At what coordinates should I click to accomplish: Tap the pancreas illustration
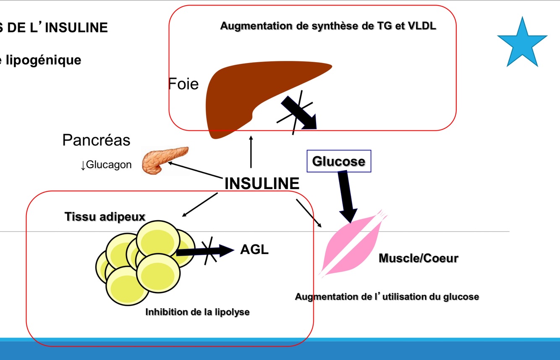(164, 160)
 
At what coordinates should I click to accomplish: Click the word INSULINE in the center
(262, 184)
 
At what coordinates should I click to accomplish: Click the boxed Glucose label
(339, 161)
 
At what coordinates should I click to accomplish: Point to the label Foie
(183, 84)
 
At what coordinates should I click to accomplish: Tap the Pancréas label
(96, 140)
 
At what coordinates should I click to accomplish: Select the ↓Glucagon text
(106, 165)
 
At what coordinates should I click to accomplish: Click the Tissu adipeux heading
(105, 217)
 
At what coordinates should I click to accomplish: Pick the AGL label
(254, 250)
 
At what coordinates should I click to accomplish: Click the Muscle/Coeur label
(418, 258)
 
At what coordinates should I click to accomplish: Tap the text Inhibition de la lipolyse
(197, 312)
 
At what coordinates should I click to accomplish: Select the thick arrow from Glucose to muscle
(347, 195)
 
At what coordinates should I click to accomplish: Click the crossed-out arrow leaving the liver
(299, 112)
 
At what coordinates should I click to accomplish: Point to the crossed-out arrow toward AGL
(206, 251)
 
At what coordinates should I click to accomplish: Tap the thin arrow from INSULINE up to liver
(251, 152)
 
